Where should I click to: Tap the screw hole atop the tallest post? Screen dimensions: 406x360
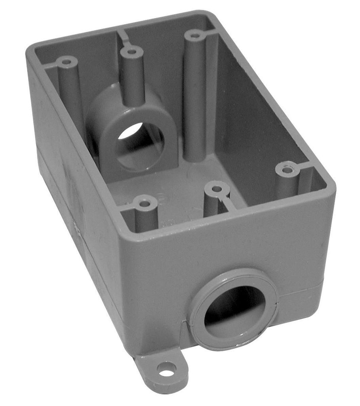click(194, 36)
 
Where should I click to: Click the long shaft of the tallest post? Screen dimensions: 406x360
click(194, 99)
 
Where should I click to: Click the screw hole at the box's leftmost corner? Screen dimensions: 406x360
click(67, 62)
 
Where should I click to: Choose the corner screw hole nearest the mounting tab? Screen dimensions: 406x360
click(145, 203)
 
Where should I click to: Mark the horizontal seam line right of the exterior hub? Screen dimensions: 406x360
click(301, 289)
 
